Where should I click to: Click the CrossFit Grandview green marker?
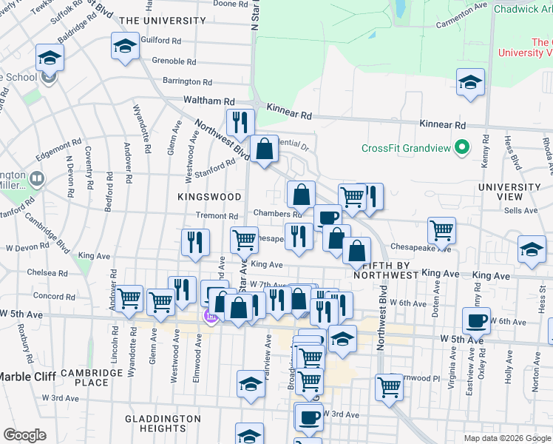coord(462,147)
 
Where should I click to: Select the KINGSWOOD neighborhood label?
coord(210,197)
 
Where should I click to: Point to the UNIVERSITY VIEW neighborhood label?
coord(510,192)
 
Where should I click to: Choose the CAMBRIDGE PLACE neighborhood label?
coord(95,377)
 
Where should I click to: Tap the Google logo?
coord(24,435)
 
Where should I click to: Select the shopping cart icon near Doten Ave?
coord(441,229)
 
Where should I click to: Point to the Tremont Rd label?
coord(217,215)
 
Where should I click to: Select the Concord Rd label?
coord(50,296)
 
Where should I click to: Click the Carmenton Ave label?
coord(462,24)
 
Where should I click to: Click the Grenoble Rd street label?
coord(174,61)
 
